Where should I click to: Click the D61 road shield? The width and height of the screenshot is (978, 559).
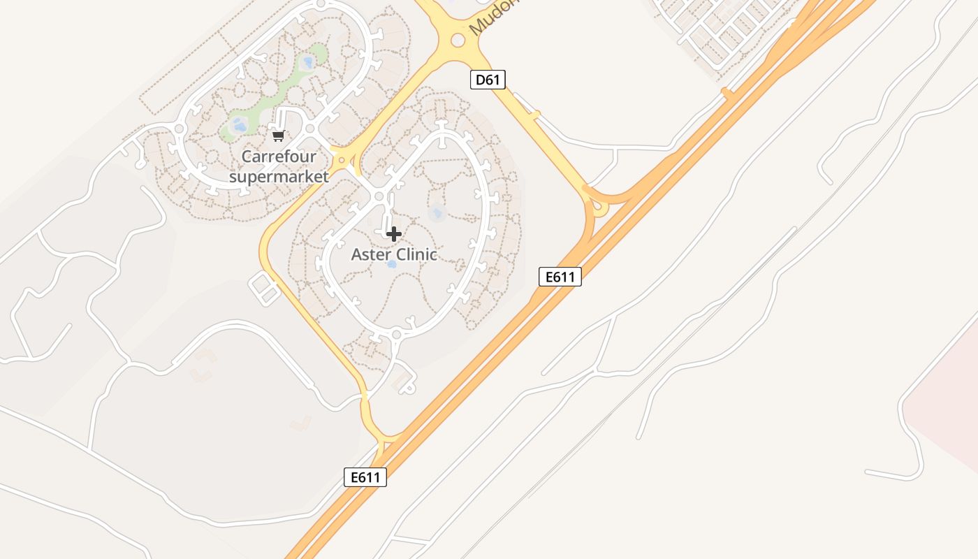click(488, 80)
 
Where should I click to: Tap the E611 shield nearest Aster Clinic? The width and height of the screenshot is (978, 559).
click(560, 277)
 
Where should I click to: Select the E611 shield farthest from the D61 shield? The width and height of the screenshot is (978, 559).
click(365, 477)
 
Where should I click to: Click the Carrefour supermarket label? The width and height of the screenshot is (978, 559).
click(279, 166)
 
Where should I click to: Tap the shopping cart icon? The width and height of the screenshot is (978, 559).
click(279, 135)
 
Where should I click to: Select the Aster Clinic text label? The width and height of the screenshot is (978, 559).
click(394, 254)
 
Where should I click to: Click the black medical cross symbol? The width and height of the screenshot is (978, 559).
click(394, 234)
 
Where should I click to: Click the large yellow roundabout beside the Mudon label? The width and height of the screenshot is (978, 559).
click(458, 41)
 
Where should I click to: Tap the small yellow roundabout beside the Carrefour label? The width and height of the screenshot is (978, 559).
click(342, 161)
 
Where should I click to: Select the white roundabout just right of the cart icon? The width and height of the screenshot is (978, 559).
click(310, 129)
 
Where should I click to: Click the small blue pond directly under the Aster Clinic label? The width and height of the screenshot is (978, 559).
click(391, 264)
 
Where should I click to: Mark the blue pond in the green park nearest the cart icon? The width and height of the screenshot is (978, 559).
click(238, 126)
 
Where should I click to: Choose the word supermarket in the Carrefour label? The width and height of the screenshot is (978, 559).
click(279, 176)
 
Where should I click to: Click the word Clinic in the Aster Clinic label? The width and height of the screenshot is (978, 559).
click(417, 254)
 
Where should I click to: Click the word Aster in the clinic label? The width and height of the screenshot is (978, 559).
click(371, 254)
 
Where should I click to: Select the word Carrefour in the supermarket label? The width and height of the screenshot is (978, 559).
click(279, 157)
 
